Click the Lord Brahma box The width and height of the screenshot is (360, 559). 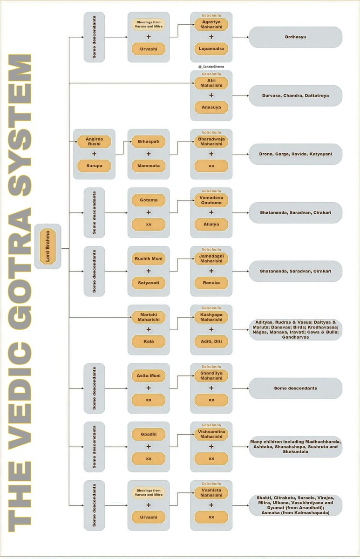coord(48,245)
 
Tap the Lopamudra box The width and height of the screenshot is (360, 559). coord(211,49)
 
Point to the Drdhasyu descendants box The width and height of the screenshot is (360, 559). coord(295,37)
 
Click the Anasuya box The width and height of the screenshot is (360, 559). coord(211,107)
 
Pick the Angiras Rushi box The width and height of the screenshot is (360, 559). coord(94,141)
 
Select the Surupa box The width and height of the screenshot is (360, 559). coord(94,166)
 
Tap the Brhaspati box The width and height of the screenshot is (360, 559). coord(149,141)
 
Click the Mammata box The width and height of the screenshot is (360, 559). coord(149,166)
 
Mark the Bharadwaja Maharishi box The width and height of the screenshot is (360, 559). coord(211,141)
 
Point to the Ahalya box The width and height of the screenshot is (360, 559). coord(211,224)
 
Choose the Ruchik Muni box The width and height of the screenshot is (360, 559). coord(149,258)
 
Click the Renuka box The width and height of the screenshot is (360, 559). coord(211,283)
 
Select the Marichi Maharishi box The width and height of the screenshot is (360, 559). coord(149,317)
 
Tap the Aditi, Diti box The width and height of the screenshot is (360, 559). coord(211,341)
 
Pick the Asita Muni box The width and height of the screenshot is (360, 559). coord(149,375)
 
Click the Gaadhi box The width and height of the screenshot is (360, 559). coord(149,434)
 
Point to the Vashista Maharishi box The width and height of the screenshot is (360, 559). coord(211,492)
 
